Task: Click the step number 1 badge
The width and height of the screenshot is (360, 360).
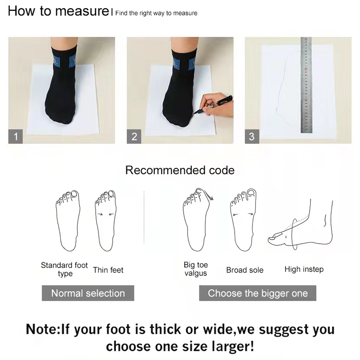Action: pos(15,136)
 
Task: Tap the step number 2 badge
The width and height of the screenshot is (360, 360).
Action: pos(134,136)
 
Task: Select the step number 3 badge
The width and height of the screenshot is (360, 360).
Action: pos(252,136)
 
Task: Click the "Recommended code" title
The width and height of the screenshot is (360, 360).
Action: pos(180,170)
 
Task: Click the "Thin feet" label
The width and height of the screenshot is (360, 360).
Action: pos(108,270)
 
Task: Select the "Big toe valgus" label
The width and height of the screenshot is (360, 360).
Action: pos(196,269)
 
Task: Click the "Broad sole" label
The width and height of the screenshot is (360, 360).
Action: pos(245,270)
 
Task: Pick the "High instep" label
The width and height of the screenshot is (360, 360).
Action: pos(304,269)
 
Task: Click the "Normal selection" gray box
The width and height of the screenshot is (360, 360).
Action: pos(88,293)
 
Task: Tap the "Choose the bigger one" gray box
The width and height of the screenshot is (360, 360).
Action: pos(258,293)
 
